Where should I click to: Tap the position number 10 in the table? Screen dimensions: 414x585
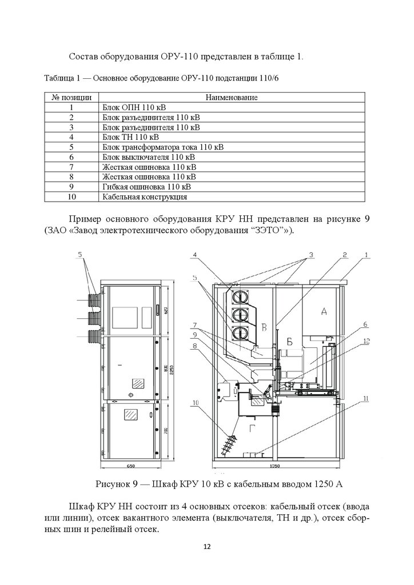pyautogui.click(x=71, y=197)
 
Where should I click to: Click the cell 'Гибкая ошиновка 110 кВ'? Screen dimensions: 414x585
pyautogui.click(x=147, y=187)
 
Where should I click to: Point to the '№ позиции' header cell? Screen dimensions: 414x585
pyautogui.click(x=71, y=98)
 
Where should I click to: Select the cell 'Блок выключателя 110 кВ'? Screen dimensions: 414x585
pyautogui.click(x=149, y=157)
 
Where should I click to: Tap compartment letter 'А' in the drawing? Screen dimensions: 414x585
pyautogui.click(x=324, y=311)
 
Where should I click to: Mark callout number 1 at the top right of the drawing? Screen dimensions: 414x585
pyautogui.click(x=366, y=255)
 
